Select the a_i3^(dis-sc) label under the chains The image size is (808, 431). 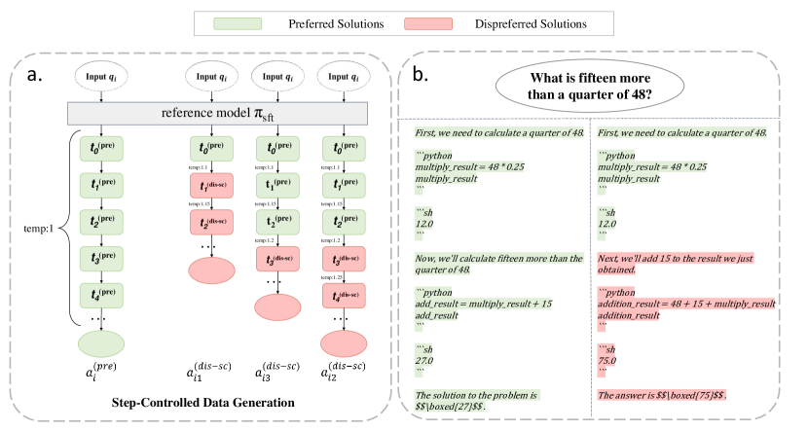275,374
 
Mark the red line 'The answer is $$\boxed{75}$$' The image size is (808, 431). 662,396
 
